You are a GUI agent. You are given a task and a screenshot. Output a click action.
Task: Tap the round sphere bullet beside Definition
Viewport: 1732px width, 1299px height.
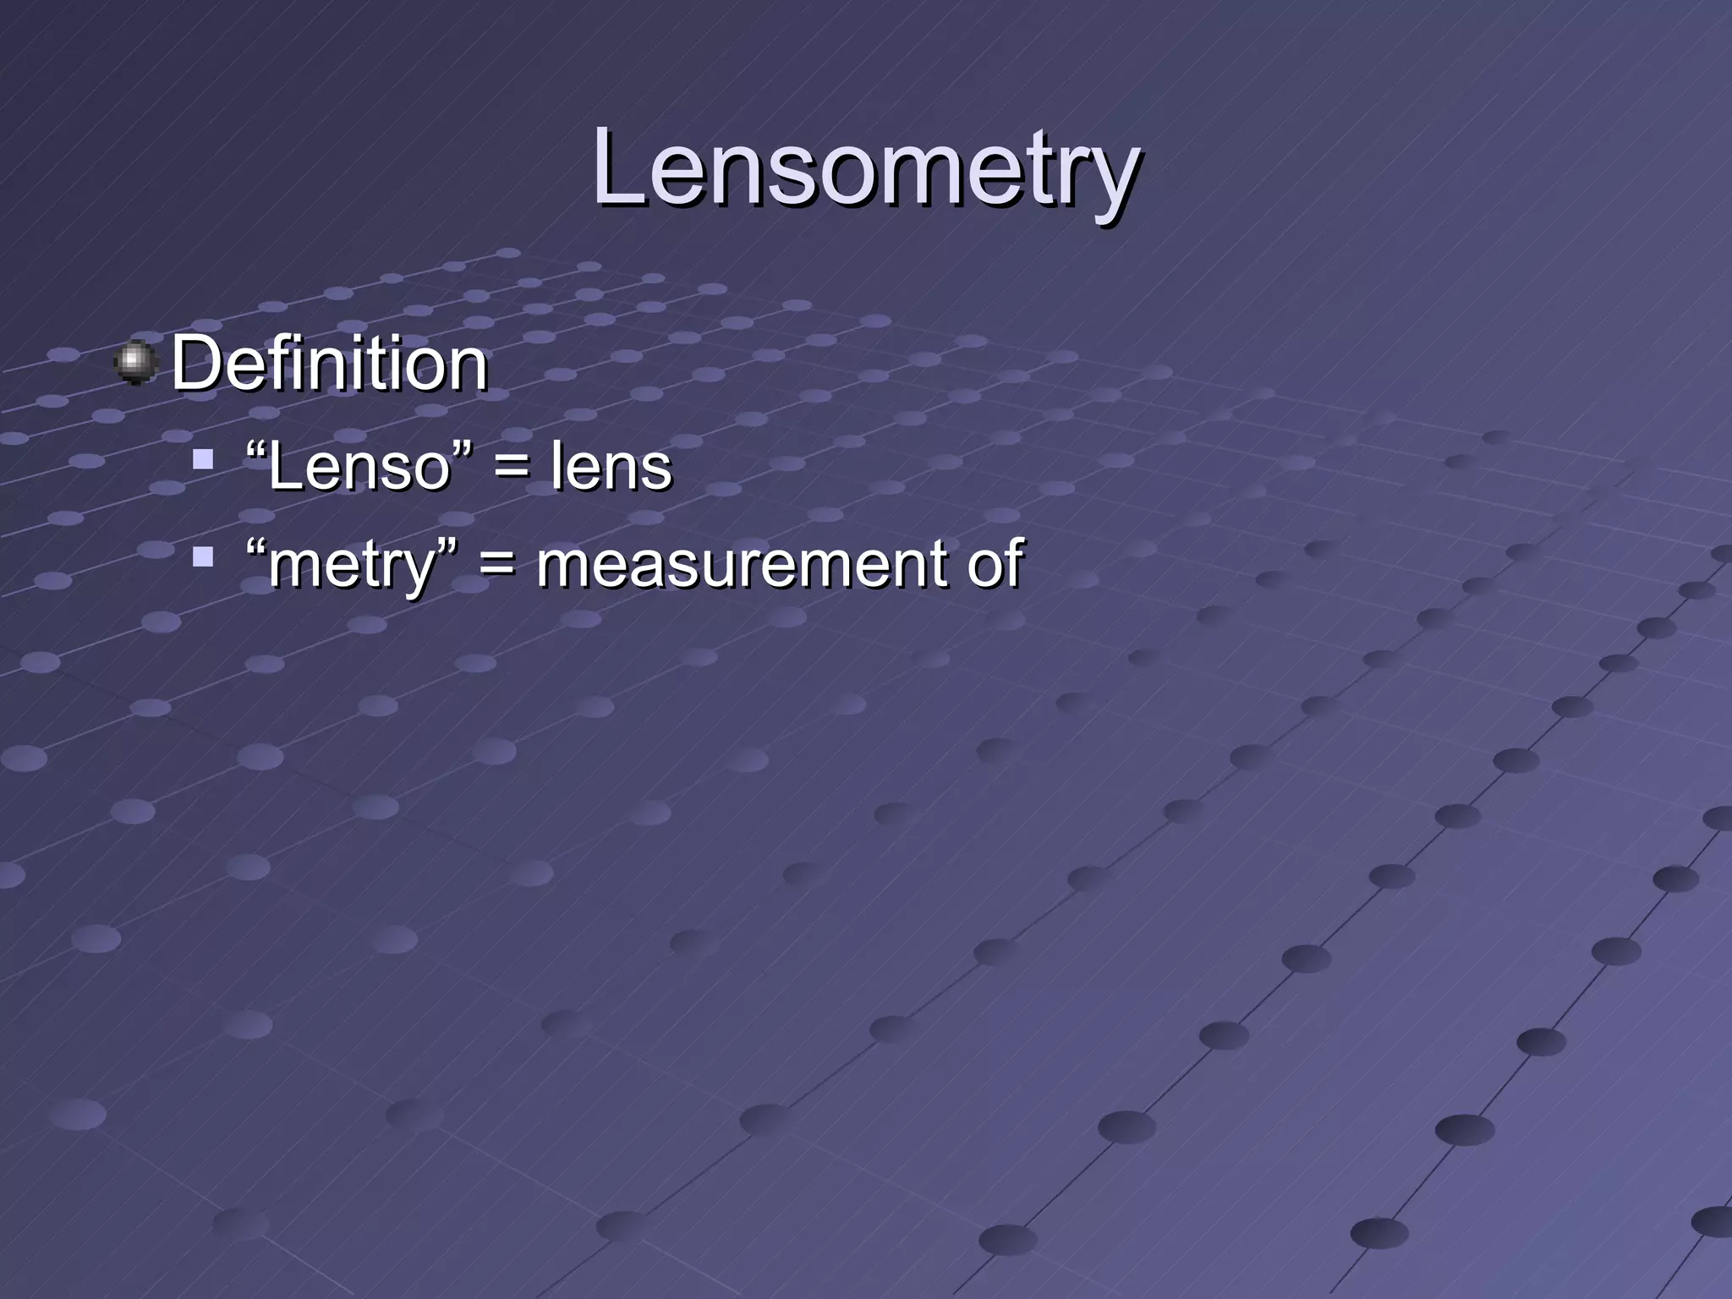[x=135, y=364]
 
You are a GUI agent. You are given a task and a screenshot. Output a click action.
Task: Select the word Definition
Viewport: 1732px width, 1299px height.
[x=330, y=364]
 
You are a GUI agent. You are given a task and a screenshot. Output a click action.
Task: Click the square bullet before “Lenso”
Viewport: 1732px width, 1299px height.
[x=202, y=460]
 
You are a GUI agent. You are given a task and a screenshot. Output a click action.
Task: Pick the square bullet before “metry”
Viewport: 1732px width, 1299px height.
[x=202, y=557]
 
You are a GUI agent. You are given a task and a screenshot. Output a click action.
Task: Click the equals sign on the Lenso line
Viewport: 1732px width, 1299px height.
[x=511, y=469]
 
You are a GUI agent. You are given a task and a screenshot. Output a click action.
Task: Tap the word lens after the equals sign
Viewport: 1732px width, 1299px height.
[x=611, y=467]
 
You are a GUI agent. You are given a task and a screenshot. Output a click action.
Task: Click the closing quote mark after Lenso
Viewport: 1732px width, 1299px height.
[x=461, y=449]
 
